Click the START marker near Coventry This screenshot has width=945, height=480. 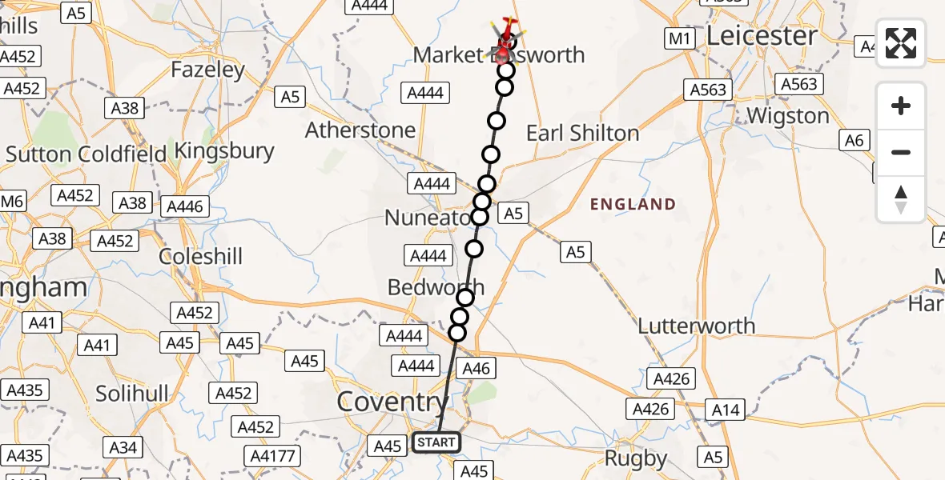tap(436, 442)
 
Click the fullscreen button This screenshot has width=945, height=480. tap(901, 43)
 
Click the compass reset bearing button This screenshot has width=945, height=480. tap(901, 199)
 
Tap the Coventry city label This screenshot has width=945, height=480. tap(392, 402)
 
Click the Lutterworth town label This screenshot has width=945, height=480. tap(696, 326)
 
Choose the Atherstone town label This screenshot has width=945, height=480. tap(360, 130)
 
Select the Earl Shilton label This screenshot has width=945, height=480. tap(582, 133)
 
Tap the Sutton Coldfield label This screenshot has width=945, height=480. tap(86, 153)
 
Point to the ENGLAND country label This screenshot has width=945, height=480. tap(633, 205)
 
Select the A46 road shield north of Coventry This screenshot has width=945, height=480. tap(475, 367)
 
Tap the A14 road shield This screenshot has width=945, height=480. tap(726, 410)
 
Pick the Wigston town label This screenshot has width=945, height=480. tap(787, 116)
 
